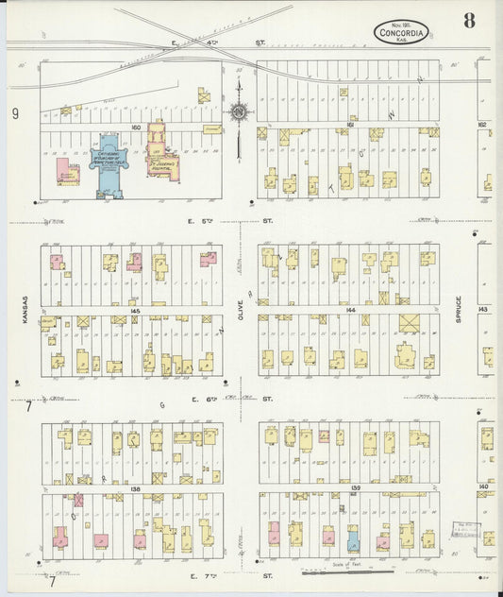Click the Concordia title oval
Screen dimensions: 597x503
pyautogui.click(x=401, y=31)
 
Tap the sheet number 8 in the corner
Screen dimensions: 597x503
pyautogui.click(x=469, y=20)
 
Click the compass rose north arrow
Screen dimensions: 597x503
pyautogui.click(x=239, y=113)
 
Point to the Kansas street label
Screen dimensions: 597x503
pyautogui.click(x=25, y=315)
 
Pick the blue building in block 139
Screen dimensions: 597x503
pyautogui.click(x=353, y=541)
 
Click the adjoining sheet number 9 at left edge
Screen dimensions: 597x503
pyautogui.click(x=15, y=114)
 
